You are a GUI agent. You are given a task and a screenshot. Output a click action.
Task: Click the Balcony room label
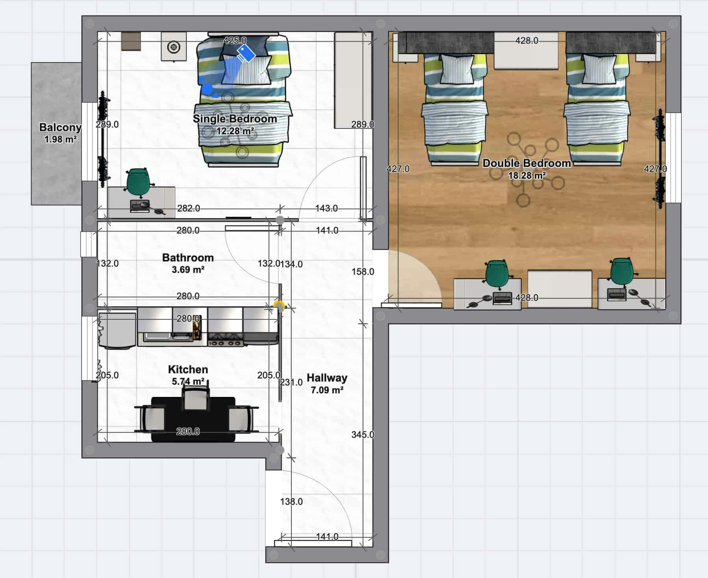pyautogui.click(x=60, y=127)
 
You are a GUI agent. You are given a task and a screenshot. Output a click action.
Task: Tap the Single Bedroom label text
pyautogui.click(x=235, y=119)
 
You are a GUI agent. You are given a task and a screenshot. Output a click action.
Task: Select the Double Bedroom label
pyautogui.click(x=527, y=163)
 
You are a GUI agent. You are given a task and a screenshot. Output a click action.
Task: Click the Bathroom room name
pyautogui.click(x=188, y=258)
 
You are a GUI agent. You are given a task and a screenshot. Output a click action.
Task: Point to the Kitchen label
pyautogui.click(x=188, y=369)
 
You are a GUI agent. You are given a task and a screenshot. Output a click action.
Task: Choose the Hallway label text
pyautogui.click(x=327, y=378)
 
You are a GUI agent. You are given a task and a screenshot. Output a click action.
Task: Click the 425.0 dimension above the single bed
pyautogui.click(x=235, y=40)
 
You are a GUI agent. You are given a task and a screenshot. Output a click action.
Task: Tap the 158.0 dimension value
pyautogui.click(x=363, y=271)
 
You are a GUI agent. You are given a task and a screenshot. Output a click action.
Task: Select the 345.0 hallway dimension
pyautogui.click(x=363, y=435)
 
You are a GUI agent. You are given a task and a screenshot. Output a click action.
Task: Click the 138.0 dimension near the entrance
pyautogui.click(x=291, y=501)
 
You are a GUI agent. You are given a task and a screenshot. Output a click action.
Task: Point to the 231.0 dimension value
pyautogui.click(x=291, y=382)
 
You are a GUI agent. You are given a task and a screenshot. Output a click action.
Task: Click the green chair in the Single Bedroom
pyautogui.click(x=138, y=182)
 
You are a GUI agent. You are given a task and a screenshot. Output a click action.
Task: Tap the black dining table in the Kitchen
pyautogui.click(x=193, y=419)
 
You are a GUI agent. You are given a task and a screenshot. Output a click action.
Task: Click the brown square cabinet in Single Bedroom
pyautogui.click(x=131, y=41)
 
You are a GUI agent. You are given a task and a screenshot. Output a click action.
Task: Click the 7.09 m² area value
pyautogui.click(x=327, y=390)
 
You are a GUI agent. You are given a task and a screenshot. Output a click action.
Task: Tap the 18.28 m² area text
pyautogui.click(x=527, y=176)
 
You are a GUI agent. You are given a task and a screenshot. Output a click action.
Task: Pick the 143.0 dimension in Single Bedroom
pyautogui.click(x=326, y=208)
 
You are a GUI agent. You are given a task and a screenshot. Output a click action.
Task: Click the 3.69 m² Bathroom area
pyautogui.click(x=188, y=270)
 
